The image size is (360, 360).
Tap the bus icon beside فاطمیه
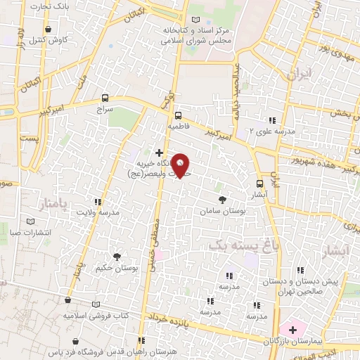[x=177, y=115]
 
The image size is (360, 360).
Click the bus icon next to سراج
[x=105, y=98]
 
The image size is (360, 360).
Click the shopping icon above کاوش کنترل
[x=48, y=30]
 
